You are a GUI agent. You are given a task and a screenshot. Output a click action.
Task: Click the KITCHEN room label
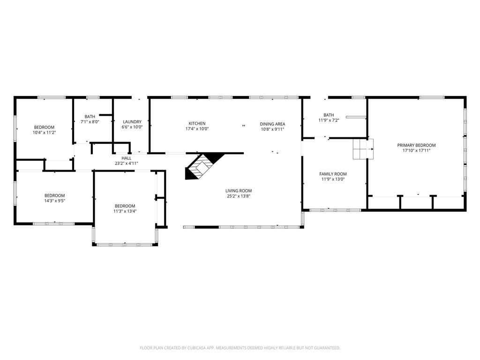coord(197,123)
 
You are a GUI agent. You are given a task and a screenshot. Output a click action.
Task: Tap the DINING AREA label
coord(272,124)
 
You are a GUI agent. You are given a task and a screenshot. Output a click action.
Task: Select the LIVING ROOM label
coord(239,191)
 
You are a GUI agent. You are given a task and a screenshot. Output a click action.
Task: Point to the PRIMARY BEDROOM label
coord(416,145)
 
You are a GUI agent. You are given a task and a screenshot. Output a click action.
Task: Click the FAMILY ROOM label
coord(333,174)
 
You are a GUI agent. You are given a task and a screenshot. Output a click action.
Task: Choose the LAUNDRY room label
coord(132,121)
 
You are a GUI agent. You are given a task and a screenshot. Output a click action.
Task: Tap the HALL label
coord(127,158)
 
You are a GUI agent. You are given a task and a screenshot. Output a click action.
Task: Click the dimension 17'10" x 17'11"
coord(416,150)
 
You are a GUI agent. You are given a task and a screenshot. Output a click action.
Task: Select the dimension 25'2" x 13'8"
coord(239,196)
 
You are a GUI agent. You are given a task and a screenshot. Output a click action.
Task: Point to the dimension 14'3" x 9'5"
coord(55,201)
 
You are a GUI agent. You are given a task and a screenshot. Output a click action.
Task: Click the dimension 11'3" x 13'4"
coord(125,211)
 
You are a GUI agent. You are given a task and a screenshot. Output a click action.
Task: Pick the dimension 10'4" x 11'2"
coord(45,133)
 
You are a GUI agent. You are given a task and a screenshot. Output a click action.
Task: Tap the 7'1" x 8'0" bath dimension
coord(90,121)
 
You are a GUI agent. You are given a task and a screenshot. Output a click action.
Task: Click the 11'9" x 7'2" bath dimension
coord(329,120)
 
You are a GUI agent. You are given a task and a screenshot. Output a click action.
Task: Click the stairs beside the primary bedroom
coord(363,149)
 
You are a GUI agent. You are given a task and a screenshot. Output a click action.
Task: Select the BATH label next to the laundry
coord(90,116)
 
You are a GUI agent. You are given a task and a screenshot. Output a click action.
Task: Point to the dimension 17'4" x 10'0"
coord(197,128)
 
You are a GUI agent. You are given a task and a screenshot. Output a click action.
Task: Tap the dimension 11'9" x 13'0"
coord(333,179)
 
